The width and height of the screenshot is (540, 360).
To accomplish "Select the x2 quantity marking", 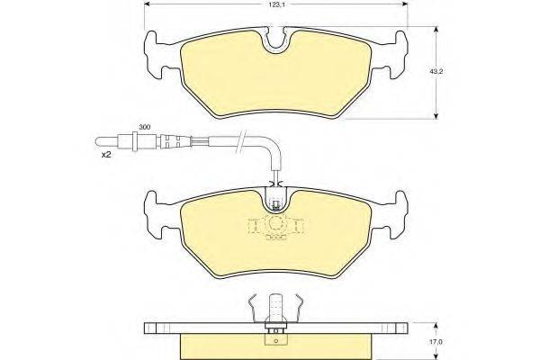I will [x=104, y=155].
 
